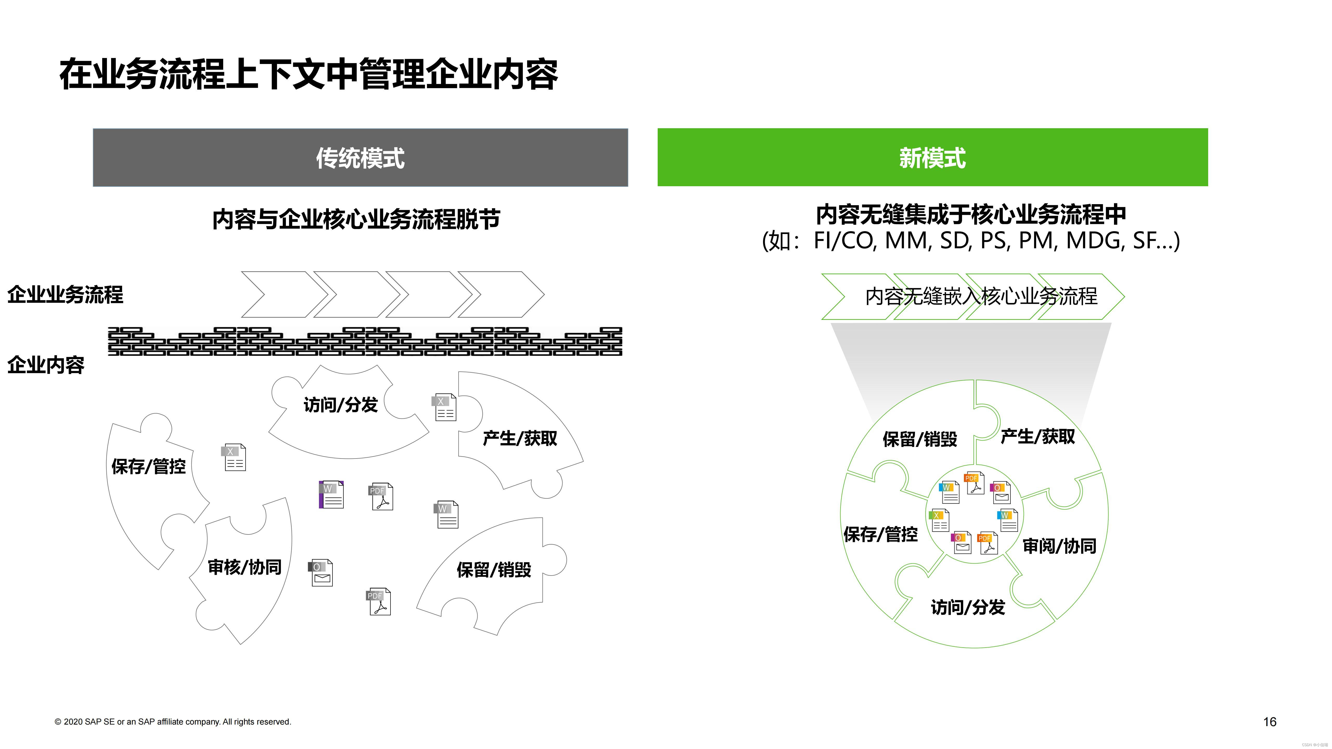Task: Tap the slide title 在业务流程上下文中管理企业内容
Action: [x=309, y=75]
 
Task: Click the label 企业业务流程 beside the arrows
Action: [x=65, y=295]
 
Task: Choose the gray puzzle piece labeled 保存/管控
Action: [x=148, y=466]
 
